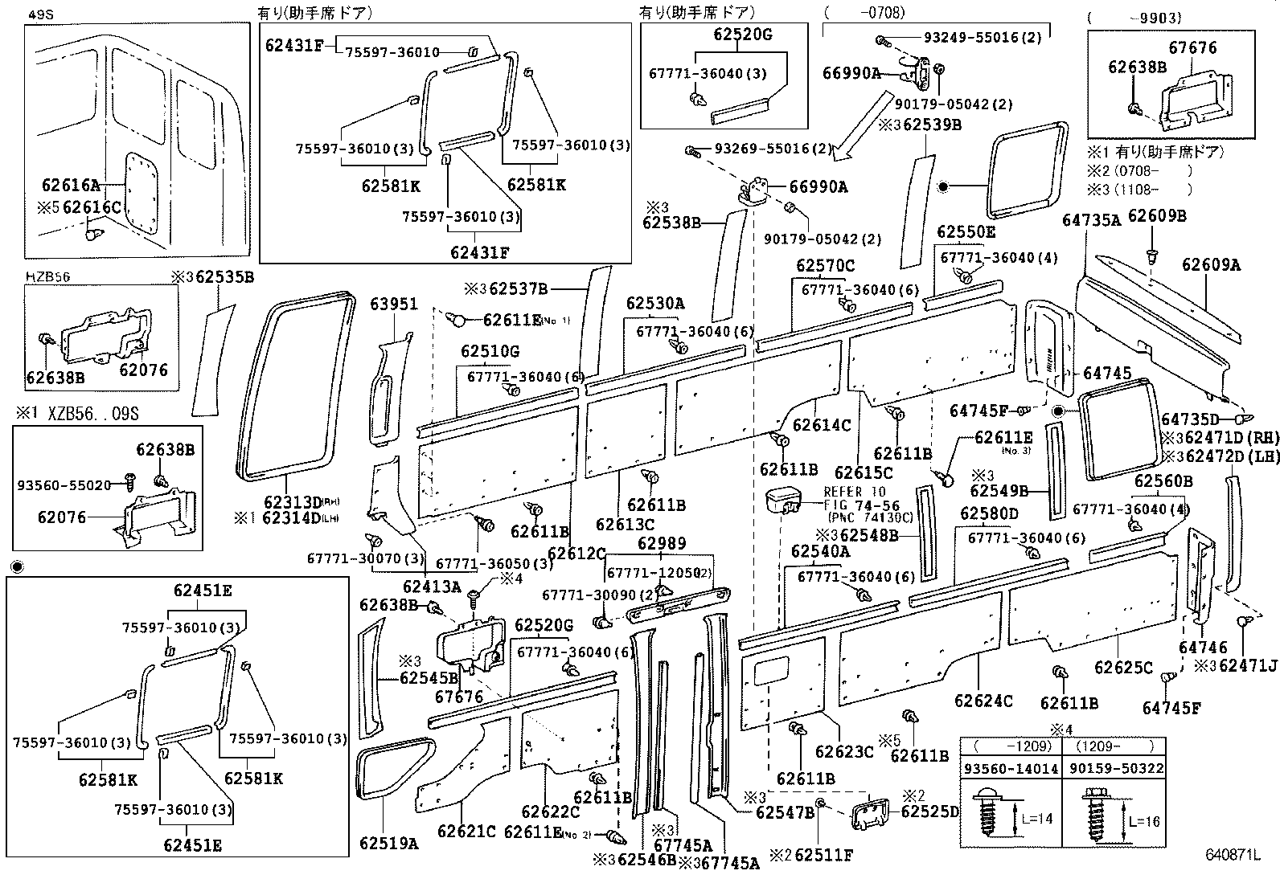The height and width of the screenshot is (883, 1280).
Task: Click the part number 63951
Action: click(x=394, y=304)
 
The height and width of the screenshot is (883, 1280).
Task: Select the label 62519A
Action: click(x=389, y=843)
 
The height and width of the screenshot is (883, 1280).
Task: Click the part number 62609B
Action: click(x=1157, y=215)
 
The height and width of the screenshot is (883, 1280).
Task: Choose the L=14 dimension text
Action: click(x=1037, y=820)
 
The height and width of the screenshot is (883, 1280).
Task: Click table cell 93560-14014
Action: click(x=1011, y=768)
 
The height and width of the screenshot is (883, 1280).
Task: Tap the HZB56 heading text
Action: click(x=47, y=276)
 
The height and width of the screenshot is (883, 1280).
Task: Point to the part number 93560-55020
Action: click(x=64, y=485)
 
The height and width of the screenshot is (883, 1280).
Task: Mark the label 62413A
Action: click(x=432, y=587)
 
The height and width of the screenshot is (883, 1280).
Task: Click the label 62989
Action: click(x=662, y=543)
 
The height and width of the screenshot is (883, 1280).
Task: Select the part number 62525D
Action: click(x=930, y=811)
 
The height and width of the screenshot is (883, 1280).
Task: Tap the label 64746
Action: click(x=1204, y=647)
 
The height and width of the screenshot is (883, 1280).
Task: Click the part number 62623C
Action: click(x=843, y=751)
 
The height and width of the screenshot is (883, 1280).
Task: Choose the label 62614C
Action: click(x=822, y=425)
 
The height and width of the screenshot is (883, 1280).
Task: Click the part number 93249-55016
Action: click(x=971, y=37)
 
